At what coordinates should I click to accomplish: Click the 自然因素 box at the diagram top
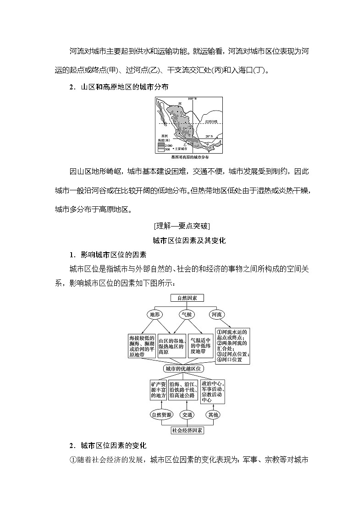187,298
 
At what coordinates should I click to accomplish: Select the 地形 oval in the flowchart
154,315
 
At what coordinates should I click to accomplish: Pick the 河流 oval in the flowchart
216,315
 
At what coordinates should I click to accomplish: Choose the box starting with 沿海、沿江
183,389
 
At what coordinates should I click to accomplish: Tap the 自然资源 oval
161,415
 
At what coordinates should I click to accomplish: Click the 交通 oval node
187,415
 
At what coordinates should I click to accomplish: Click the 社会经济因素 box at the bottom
187,430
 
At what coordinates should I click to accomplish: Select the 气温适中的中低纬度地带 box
201,346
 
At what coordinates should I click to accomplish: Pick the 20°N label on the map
210,136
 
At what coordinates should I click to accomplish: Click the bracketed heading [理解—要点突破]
182,226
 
